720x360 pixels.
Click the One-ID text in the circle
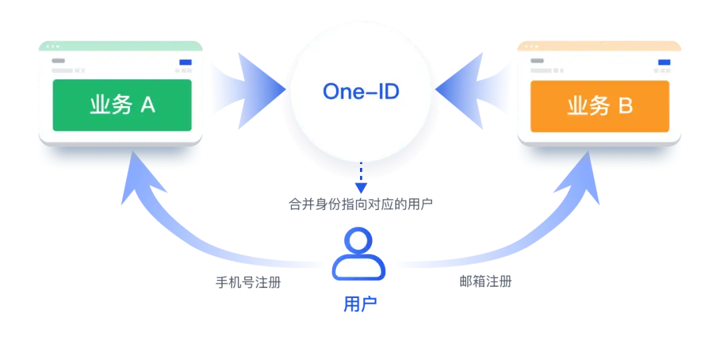click(361, 91)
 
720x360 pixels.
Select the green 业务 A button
click(122, 105)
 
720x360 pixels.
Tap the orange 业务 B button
click(599, 105)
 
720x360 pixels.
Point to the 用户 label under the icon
click(360, 304)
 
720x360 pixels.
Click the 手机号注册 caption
click(247, 282)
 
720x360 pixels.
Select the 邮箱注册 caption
click(485, 281)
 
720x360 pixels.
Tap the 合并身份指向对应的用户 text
click(361, 205)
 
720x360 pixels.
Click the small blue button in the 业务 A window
click(185, 63)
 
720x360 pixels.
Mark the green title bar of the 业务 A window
click(121, 46)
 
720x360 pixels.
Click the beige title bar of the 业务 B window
click(599, 46)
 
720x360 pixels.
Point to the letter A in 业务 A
click(147, 105)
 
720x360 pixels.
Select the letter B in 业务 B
click(625, 105)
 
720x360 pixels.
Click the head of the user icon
click(359, 241)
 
